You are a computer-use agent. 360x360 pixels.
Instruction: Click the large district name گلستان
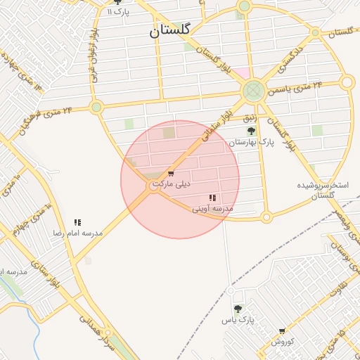pyautogui.click(x=172, y=32)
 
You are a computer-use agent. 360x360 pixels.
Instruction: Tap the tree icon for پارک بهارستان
pyautogui.click(x=251, y=131)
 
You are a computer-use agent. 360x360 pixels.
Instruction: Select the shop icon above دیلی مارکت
pyautogui.click(x=171, y=174)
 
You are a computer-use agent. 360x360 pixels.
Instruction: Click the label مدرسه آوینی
pyautogui.click(x=212, y=209)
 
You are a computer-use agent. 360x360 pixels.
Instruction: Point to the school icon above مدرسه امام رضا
pyautogui.click(x=77, y=222)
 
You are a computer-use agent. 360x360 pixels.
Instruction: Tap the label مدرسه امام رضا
pyautogui.click(x=77, y=232)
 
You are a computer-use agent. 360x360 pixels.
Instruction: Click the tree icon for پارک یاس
pyautogui.click(x=238, y=309)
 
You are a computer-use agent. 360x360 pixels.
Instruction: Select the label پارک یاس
pyautogui.click(x=237, y=320)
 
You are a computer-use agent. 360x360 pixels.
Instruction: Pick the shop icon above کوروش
pyautogui.click(x=282, y=331)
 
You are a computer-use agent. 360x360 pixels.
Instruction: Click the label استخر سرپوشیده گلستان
pyautogui.click(x=323, y=190)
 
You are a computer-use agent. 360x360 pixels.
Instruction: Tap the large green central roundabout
pyautogui.click(x=253, y=90)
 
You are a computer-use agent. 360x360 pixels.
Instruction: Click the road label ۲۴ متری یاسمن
pyautogui.click(x=303, y=87)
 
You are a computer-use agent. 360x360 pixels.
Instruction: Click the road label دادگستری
pyautogui.click(x=289, y=56)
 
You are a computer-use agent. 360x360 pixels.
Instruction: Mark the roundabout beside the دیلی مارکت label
pyautogui.click(x=154, y=186)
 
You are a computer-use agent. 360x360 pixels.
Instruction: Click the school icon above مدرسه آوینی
pyautogui.click(x=212, y=198)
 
